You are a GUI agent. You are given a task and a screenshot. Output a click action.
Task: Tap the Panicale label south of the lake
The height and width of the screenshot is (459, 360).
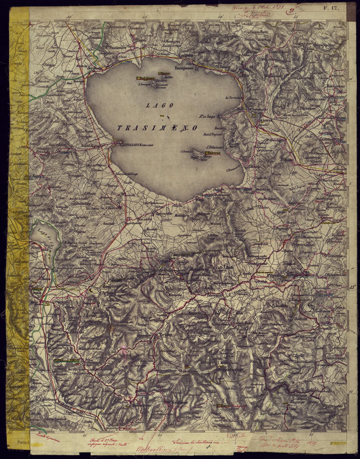[x=166, y=261]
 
